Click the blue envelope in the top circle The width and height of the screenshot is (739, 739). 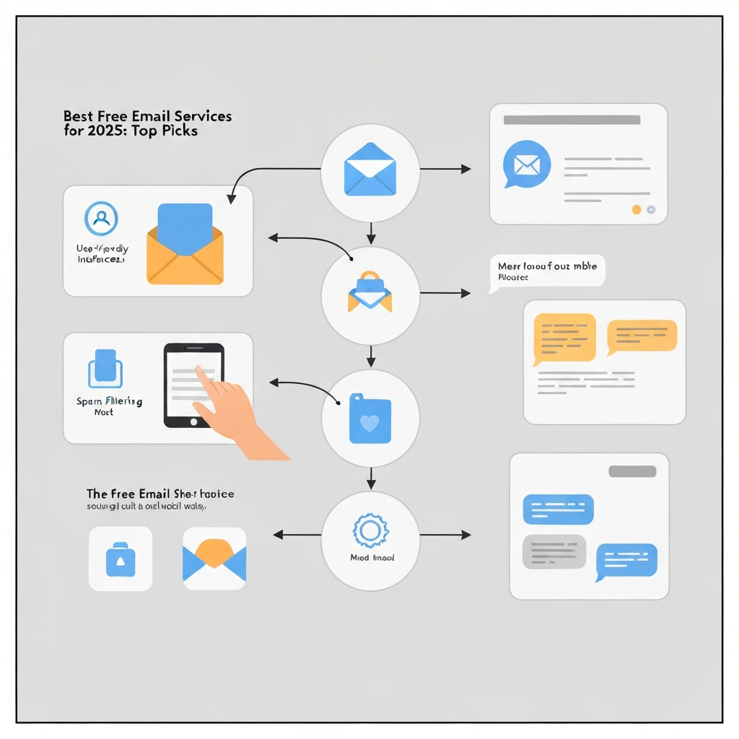370,169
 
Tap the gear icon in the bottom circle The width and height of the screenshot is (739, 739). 369,530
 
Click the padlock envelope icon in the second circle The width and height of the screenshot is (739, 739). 369,292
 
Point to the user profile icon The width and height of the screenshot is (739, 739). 102,218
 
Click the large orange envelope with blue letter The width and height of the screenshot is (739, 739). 185,245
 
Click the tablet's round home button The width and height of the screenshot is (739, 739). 193,421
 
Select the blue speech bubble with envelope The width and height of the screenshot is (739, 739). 528,165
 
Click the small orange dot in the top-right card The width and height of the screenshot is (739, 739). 636,210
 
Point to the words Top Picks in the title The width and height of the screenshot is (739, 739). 170,131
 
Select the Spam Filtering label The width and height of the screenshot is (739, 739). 109,401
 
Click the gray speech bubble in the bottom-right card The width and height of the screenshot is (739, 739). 553,551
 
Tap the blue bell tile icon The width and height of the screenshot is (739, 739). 120,559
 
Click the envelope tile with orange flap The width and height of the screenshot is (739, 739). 214,559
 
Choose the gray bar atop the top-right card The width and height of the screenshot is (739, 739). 572,120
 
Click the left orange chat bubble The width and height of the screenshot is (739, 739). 564,337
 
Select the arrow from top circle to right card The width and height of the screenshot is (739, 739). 445,169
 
